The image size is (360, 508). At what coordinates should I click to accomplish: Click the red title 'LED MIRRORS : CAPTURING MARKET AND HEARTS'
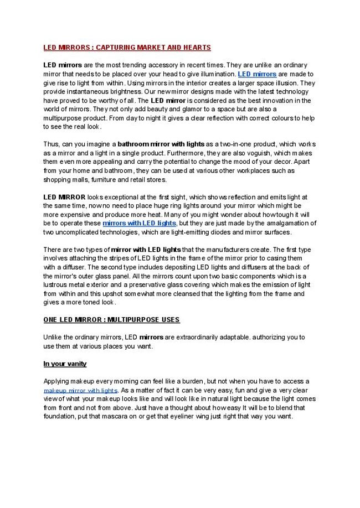(127, 48)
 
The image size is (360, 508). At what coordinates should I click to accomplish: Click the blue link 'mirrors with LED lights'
(139, 222)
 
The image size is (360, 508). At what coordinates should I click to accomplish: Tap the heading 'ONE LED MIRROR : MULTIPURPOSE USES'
(111, 320)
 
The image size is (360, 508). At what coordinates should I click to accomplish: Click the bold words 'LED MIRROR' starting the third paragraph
(64, 196)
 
